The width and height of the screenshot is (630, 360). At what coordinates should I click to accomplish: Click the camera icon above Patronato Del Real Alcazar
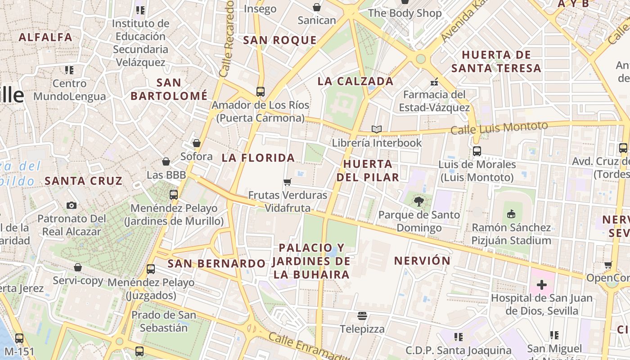[71, 206]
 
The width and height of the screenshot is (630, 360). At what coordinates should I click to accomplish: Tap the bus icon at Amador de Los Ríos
[260, 92]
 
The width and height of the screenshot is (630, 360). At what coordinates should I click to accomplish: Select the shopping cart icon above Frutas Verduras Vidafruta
[287, 182]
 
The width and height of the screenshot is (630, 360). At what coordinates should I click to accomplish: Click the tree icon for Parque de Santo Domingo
[419, 201]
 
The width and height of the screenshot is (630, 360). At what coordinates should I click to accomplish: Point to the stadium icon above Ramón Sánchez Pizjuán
[511, 214]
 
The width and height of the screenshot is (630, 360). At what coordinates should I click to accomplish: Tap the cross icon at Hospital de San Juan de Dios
[542, 285]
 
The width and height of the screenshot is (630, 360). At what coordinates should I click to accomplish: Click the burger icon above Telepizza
[362, 315]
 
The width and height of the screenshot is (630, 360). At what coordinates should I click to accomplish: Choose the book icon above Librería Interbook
[377, 130]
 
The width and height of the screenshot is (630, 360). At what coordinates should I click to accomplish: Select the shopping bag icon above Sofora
[196, 143]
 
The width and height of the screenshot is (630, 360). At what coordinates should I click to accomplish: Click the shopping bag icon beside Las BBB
[166, 162]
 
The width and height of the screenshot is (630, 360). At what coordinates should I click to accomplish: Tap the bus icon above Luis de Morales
[477, 151]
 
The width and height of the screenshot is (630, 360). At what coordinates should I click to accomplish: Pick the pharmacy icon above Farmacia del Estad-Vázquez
[434, 82]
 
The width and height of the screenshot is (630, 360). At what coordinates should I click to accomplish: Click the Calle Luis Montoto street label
[499, 128]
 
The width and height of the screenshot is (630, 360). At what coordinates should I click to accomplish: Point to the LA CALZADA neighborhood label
[355, 81]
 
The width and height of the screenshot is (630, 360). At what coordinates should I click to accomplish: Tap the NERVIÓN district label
[422, 261]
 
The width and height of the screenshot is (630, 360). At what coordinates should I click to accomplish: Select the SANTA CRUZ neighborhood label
[83, 181]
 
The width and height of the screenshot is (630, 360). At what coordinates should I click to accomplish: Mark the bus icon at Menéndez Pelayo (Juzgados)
[151, 269]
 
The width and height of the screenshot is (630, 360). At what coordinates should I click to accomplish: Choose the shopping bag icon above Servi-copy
[78, 267]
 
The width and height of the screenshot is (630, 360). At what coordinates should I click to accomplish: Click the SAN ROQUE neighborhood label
[280, 40]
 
